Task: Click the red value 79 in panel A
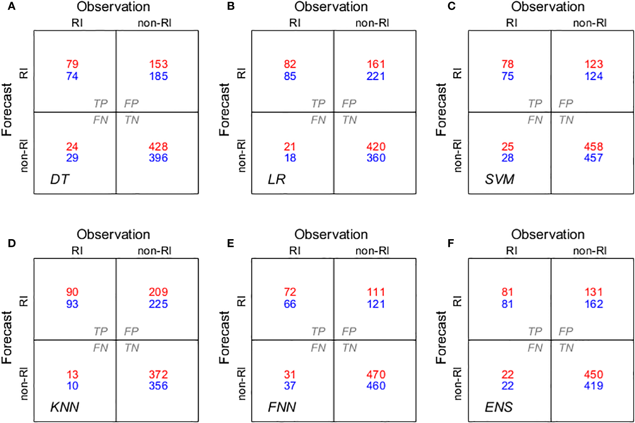coord(72,64)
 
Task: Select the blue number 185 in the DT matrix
coord(159,76)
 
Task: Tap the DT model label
coord(60,179)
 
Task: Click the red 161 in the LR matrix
coord(376,64)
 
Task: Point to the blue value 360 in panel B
coord(376,158)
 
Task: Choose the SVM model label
coord(499,179)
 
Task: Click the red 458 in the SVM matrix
coord(594,147)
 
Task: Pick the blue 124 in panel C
coord(594,76)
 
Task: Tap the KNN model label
coord(64,407)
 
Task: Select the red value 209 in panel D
coord(159,292)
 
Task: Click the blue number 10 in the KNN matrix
coord(72,386)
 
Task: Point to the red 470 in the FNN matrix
coord(376,375)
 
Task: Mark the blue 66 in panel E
coord(290,304)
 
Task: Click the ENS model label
coord(499,407)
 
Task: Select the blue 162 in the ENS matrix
coord(594,304)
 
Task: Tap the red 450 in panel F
coord(594,375)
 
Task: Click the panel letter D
coord(12,243)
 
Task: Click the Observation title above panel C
coord(548,7)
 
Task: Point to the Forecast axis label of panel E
coord(224,338)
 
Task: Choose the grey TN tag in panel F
coord(566,348)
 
